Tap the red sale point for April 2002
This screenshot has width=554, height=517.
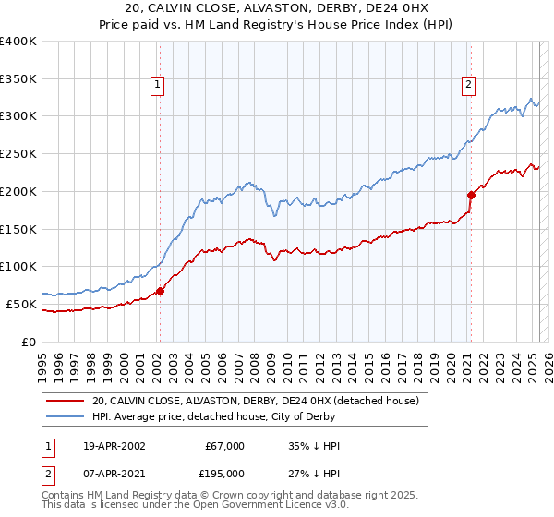click(x=160, y=291)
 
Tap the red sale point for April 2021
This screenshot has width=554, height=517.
click(x=470, y=195)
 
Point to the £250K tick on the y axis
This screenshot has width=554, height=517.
click(x=18, y=153)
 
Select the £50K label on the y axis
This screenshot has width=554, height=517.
click(x=22, y=304)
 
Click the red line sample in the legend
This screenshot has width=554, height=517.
click(x=64, y=401)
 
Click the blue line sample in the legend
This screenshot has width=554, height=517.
click(x=64, y=415)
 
